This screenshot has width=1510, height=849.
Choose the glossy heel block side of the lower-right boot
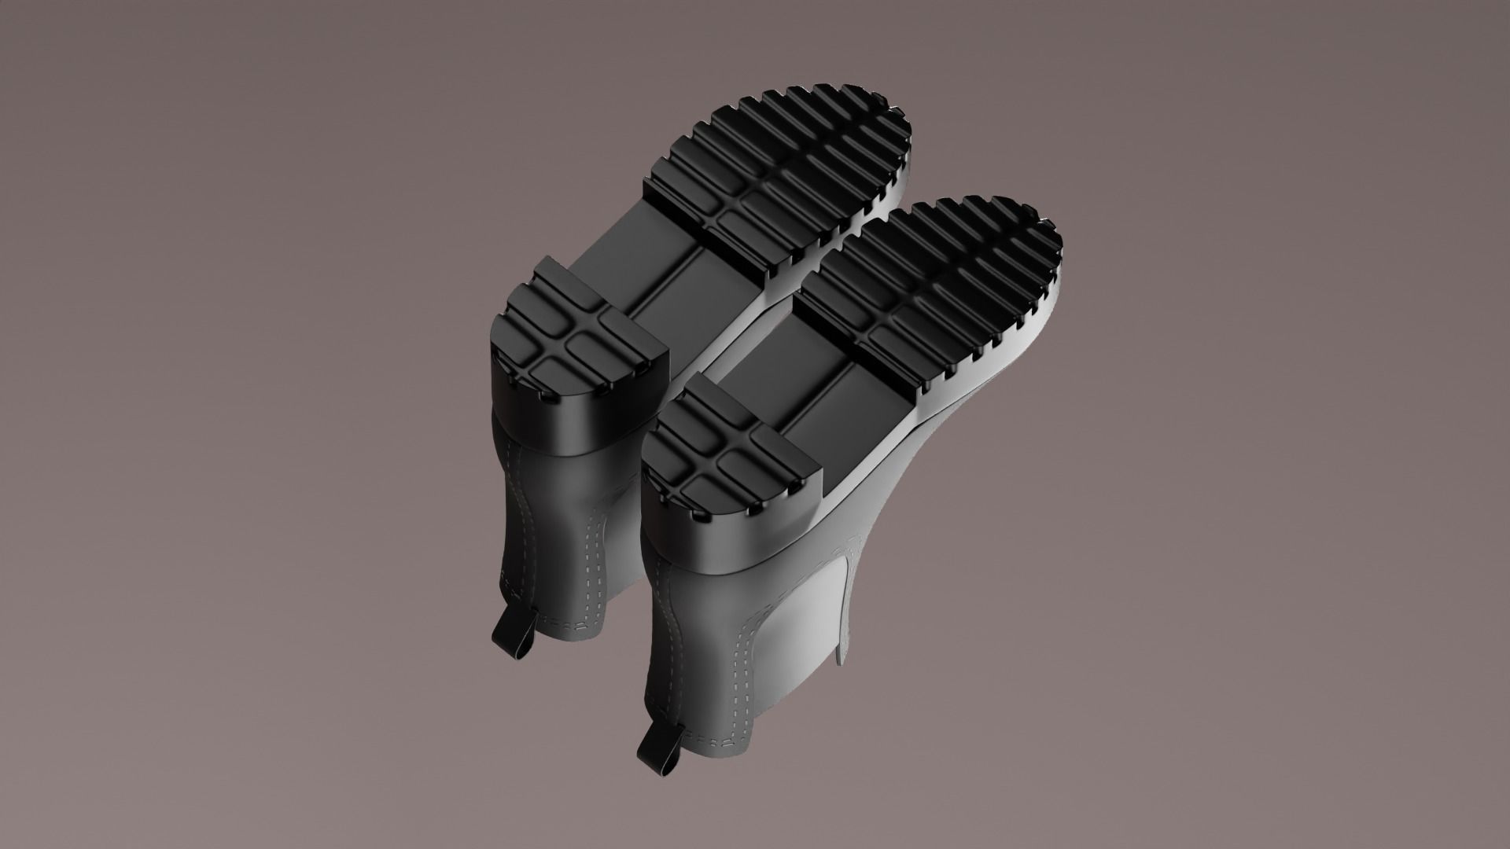(x=731, y=542)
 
